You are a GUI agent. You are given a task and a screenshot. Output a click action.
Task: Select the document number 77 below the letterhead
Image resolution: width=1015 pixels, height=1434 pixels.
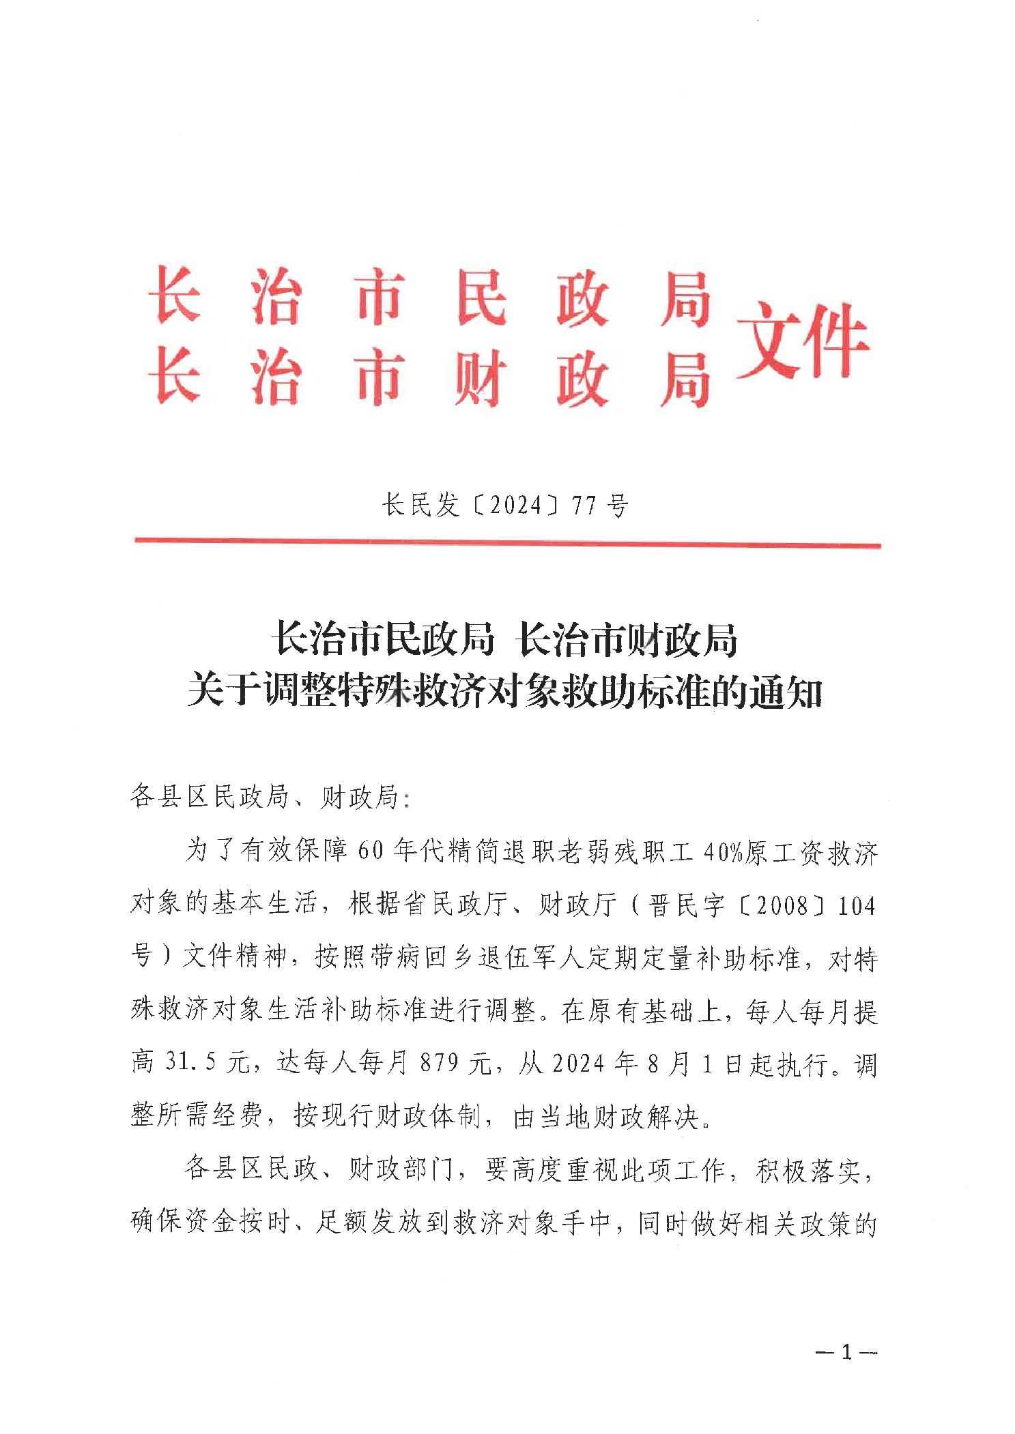click(586, 506)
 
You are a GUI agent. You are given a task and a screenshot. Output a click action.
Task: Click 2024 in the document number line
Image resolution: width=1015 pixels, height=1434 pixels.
click(516, 506)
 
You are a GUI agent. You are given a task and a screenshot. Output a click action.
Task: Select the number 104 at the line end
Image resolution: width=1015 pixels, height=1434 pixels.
click(855, 906)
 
